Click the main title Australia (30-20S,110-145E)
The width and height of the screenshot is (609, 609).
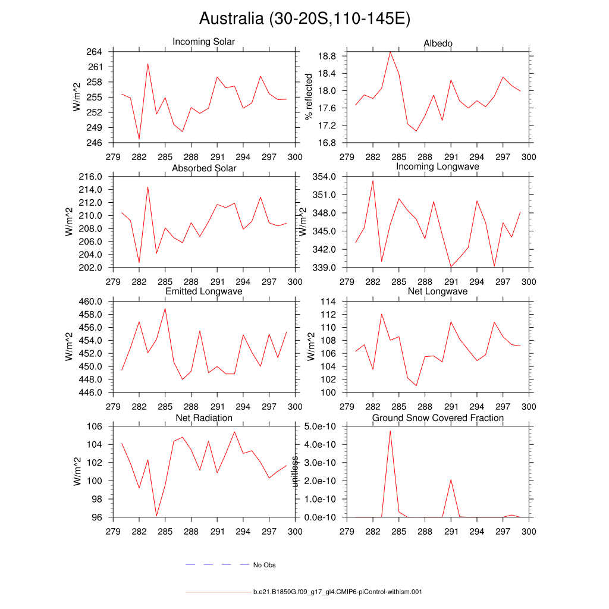[304, 19]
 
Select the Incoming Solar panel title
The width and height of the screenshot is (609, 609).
[203, 42]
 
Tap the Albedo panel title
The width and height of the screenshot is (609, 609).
[438, 43]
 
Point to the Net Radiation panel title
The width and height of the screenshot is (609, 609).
[204, 418]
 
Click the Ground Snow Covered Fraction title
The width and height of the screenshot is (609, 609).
[438, 418]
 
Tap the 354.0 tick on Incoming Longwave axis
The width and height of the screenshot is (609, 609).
[325, 177]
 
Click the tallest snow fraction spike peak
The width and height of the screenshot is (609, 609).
[390, 430]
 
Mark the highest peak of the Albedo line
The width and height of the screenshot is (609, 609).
[390, 52]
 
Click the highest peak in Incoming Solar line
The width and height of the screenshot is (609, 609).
[147, 64]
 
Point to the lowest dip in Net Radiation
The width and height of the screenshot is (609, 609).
[156, 516]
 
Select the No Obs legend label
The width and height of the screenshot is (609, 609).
[264, 565]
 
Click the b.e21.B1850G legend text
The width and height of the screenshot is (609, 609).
[337, 592]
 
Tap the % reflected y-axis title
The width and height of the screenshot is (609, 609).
[309, 97]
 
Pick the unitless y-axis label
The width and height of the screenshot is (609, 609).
[294, 472]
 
